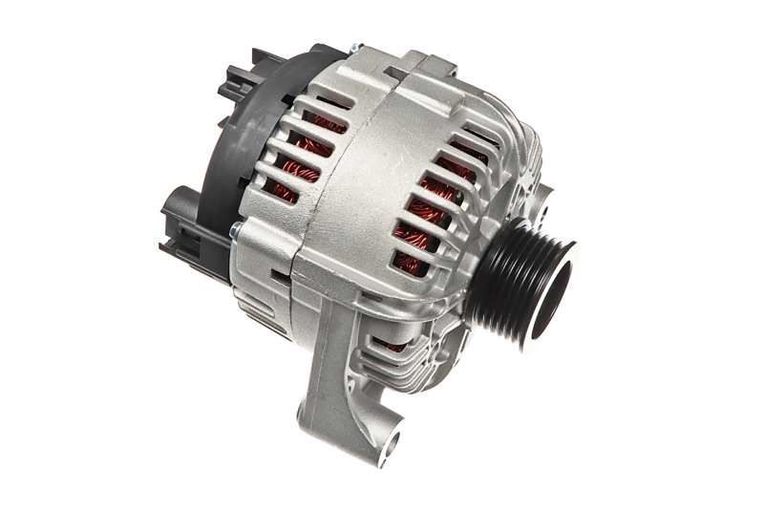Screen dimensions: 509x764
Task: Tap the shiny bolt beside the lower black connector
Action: (x=234, y=229)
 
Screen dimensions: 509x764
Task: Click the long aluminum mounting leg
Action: (x=344, y=382)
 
